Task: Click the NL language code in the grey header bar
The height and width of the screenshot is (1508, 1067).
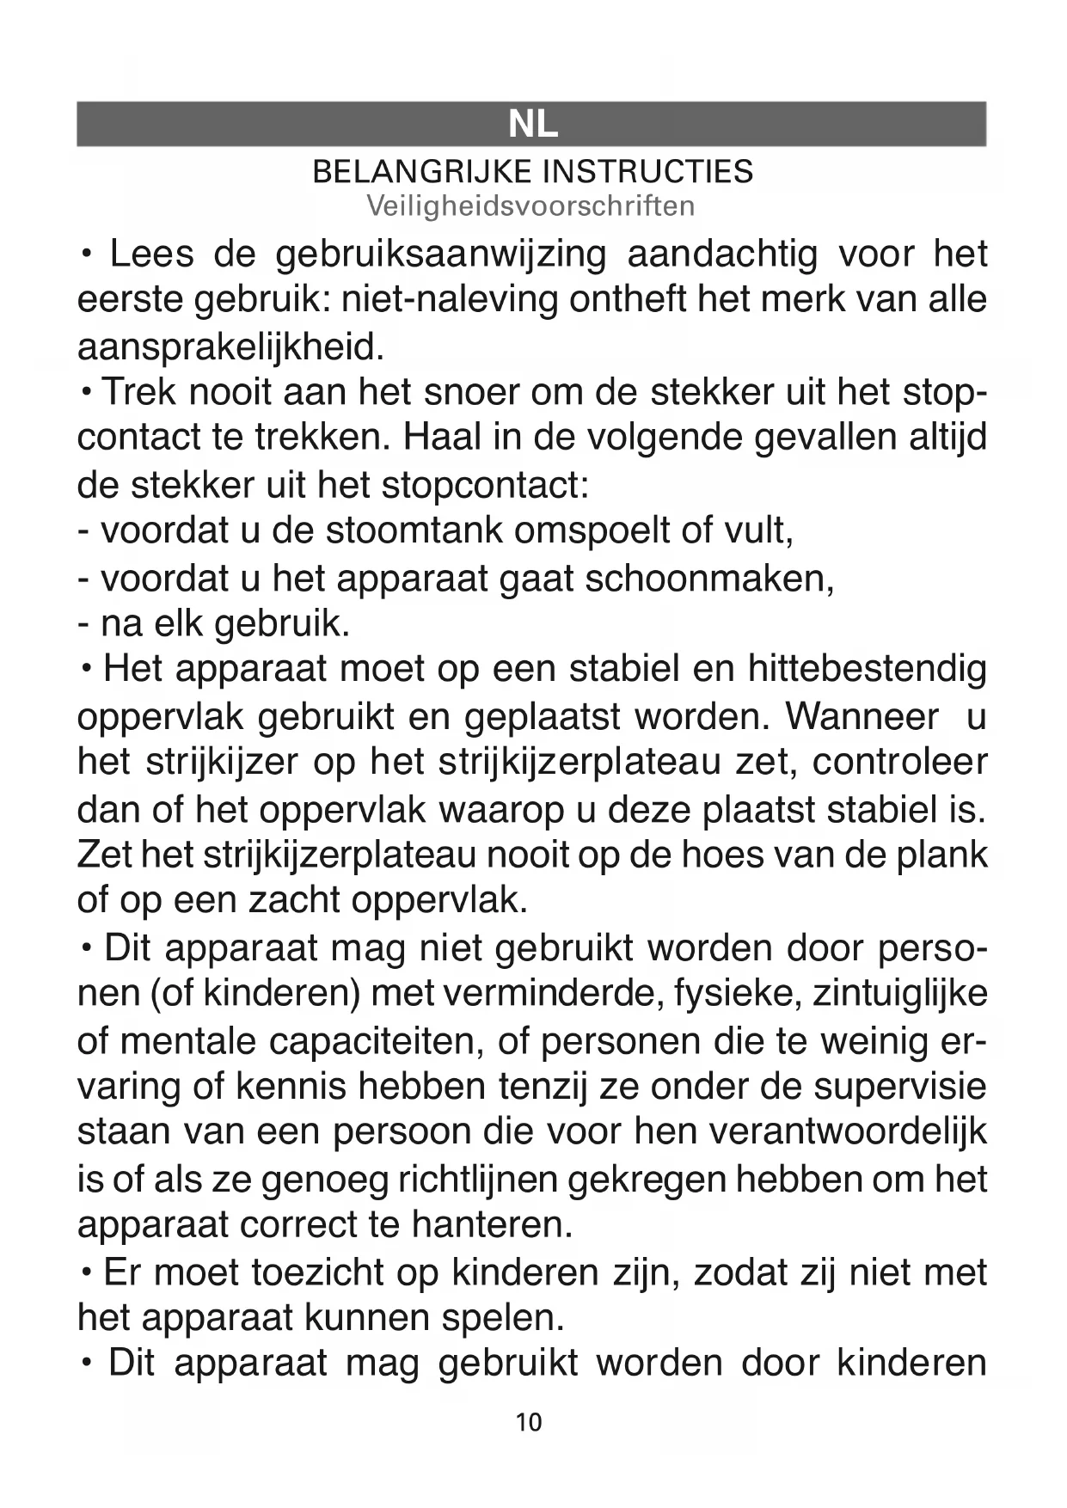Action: [x=533, y=126]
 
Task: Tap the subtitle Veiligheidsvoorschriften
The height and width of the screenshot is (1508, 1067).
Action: [x=530, y=206]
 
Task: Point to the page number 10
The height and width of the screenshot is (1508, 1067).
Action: [x=530, y=1422]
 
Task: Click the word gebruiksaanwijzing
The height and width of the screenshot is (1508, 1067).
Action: [x=441, y=255]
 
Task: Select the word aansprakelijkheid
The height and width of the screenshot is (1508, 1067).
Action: [x=228, y=347]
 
